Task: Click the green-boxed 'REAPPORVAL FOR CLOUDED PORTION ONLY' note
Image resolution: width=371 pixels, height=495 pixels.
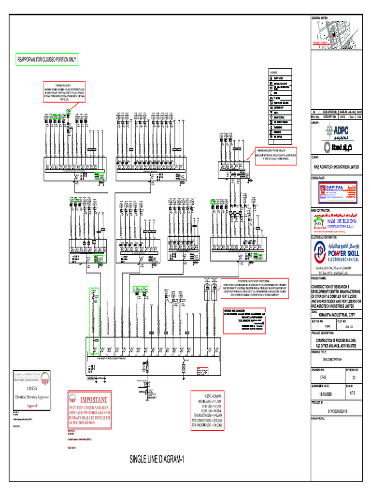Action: click(x=47, y=59)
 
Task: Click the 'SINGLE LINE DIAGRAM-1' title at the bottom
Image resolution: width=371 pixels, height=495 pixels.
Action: click(x=157, y=459)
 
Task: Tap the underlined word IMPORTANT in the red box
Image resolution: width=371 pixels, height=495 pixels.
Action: click(x=90, y=400)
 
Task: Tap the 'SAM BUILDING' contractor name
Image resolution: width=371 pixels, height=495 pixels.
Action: click(x=343, y=221)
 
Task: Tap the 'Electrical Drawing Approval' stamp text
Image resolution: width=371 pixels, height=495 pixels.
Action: click(x=31, y=395)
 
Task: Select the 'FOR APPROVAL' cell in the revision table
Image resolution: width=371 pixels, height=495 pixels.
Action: click(x=330, y=112)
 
